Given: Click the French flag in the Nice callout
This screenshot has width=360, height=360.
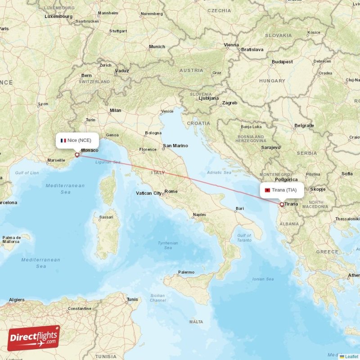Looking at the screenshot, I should coord(63,140).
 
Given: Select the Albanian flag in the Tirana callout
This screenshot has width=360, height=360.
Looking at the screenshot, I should coord(267,190).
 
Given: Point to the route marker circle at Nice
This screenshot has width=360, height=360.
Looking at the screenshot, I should coord(77,155).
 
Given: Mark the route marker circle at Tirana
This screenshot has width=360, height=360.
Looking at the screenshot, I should coord(282,204).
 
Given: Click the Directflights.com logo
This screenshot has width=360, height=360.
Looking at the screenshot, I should coord(34,338).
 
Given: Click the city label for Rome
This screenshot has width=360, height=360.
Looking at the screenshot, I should coord(171,191).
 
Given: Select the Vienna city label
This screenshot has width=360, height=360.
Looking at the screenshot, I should coord(231,45).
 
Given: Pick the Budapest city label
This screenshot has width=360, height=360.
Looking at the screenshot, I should coord(282,62).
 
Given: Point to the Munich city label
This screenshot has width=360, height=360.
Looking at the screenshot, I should coord(157,47).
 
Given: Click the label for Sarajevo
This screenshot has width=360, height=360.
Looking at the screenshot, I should coord(271,147).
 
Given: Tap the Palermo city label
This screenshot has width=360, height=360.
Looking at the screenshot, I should coord(186,272).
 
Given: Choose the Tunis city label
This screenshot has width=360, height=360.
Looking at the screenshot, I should coord(132,299).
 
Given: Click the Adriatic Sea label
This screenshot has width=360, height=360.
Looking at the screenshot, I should coord(219,172).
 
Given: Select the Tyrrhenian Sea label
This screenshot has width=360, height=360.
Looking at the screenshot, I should coord(168,245).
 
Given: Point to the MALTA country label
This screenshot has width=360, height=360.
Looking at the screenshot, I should coord(196,322).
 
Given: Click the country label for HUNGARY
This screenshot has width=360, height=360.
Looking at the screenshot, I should coord(272,81).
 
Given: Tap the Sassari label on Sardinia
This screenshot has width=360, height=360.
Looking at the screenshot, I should coord(106,217).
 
